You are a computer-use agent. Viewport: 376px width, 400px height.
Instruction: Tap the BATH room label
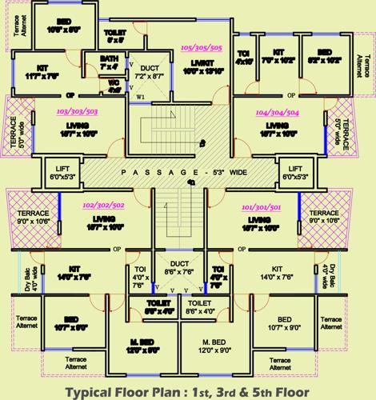[110, 60]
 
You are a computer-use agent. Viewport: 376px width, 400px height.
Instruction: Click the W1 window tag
[142, 98]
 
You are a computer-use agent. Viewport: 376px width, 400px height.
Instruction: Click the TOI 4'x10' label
[245, 57]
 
